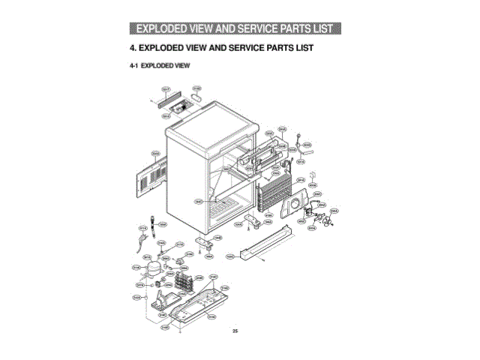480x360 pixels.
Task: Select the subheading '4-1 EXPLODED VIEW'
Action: pos(160,66)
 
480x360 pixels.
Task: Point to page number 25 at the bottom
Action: pos(235,331)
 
